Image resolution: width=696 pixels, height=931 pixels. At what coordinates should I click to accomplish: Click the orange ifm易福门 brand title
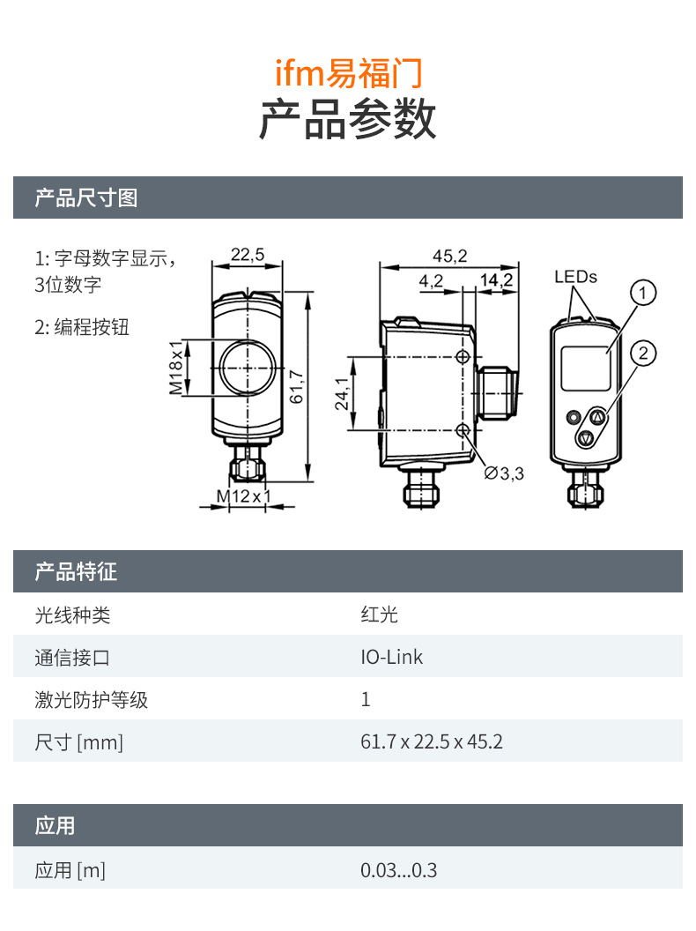click(x=348, y=72)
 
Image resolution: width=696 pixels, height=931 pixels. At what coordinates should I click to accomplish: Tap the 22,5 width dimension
click(x=247, y=255)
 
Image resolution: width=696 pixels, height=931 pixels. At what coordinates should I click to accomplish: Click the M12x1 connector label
click(x=244, y=496)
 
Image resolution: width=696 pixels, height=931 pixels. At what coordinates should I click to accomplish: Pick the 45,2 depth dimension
click(x=449, y=256)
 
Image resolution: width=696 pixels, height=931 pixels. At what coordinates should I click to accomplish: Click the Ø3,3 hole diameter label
click(x=504, y=473)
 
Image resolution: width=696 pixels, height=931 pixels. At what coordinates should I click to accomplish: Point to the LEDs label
click(x=575, y=277)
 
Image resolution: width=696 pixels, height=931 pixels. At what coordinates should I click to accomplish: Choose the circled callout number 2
click(x=644, y=354)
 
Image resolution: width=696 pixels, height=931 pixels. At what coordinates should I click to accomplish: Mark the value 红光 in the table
click(x=379, y=614)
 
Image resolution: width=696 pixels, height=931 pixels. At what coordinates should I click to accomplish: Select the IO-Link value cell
click(x=391, y=657)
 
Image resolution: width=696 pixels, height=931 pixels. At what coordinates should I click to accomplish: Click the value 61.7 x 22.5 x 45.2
click(x=431, y=741)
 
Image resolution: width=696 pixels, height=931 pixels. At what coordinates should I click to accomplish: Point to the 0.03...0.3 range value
click(x=398, y=871)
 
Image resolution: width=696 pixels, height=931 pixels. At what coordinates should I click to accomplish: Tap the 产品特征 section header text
click(x=76, y=572)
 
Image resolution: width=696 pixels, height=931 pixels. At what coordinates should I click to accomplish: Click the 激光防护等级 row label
click(x=91, y=700)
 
